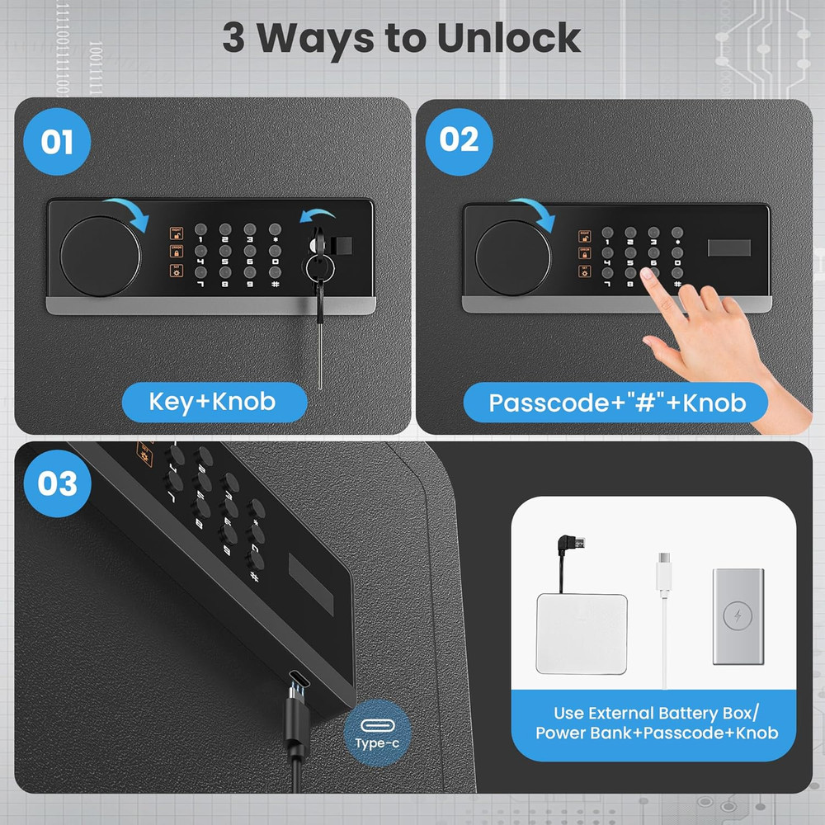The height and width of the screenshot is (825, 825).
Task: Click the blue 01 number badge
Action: [x=57, y=143]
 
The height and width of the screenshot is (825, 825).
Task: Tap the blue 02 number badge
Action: [x=459, y=140]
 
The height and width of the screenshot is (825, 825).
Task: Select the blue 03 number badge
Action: [x=57, y=483]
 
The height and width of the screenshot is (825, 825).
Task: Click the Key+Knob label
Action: [x=213, y=403]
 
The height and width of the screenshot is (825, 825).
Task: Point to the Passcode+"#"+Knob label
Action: [x=616, y=403]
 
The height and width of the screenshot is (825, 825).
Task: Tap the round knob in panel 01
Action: [x=96, y=253]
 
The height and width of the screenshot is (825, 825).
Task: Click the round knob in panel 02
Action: [x=510, y=258]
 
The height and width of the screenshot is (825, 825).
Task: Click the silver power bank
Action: [x=737, y=615]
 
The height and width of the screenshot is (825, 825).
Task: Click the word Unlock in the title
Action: [x=508, y=38]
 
